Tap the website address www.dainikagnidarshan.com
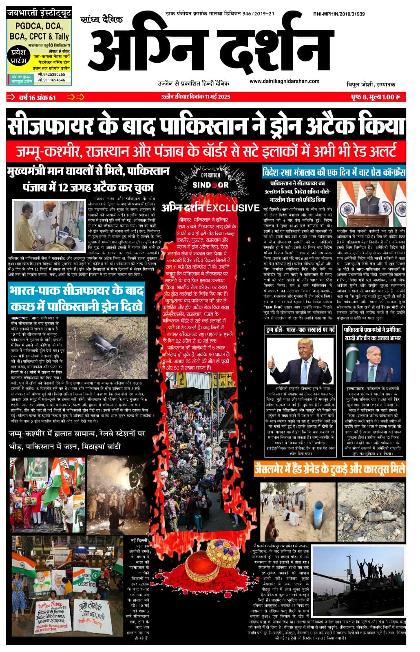tap(284, 81)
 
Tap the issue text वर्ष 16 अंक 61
tap(37, 97)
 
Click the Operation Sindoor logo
tap(210, 181)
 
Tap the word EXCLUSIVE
tap(233, 208)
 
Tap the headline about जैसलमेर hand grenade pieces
tap(329, 469)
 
